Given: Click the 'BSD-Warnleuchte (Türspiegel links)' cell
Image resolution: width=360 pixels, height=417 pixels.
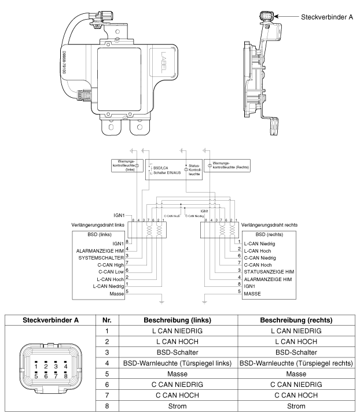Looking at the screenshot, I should click(177, 363).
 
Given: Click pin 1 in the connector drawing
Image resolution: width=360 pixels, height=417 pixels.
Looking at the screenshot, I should click(36, 366).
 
